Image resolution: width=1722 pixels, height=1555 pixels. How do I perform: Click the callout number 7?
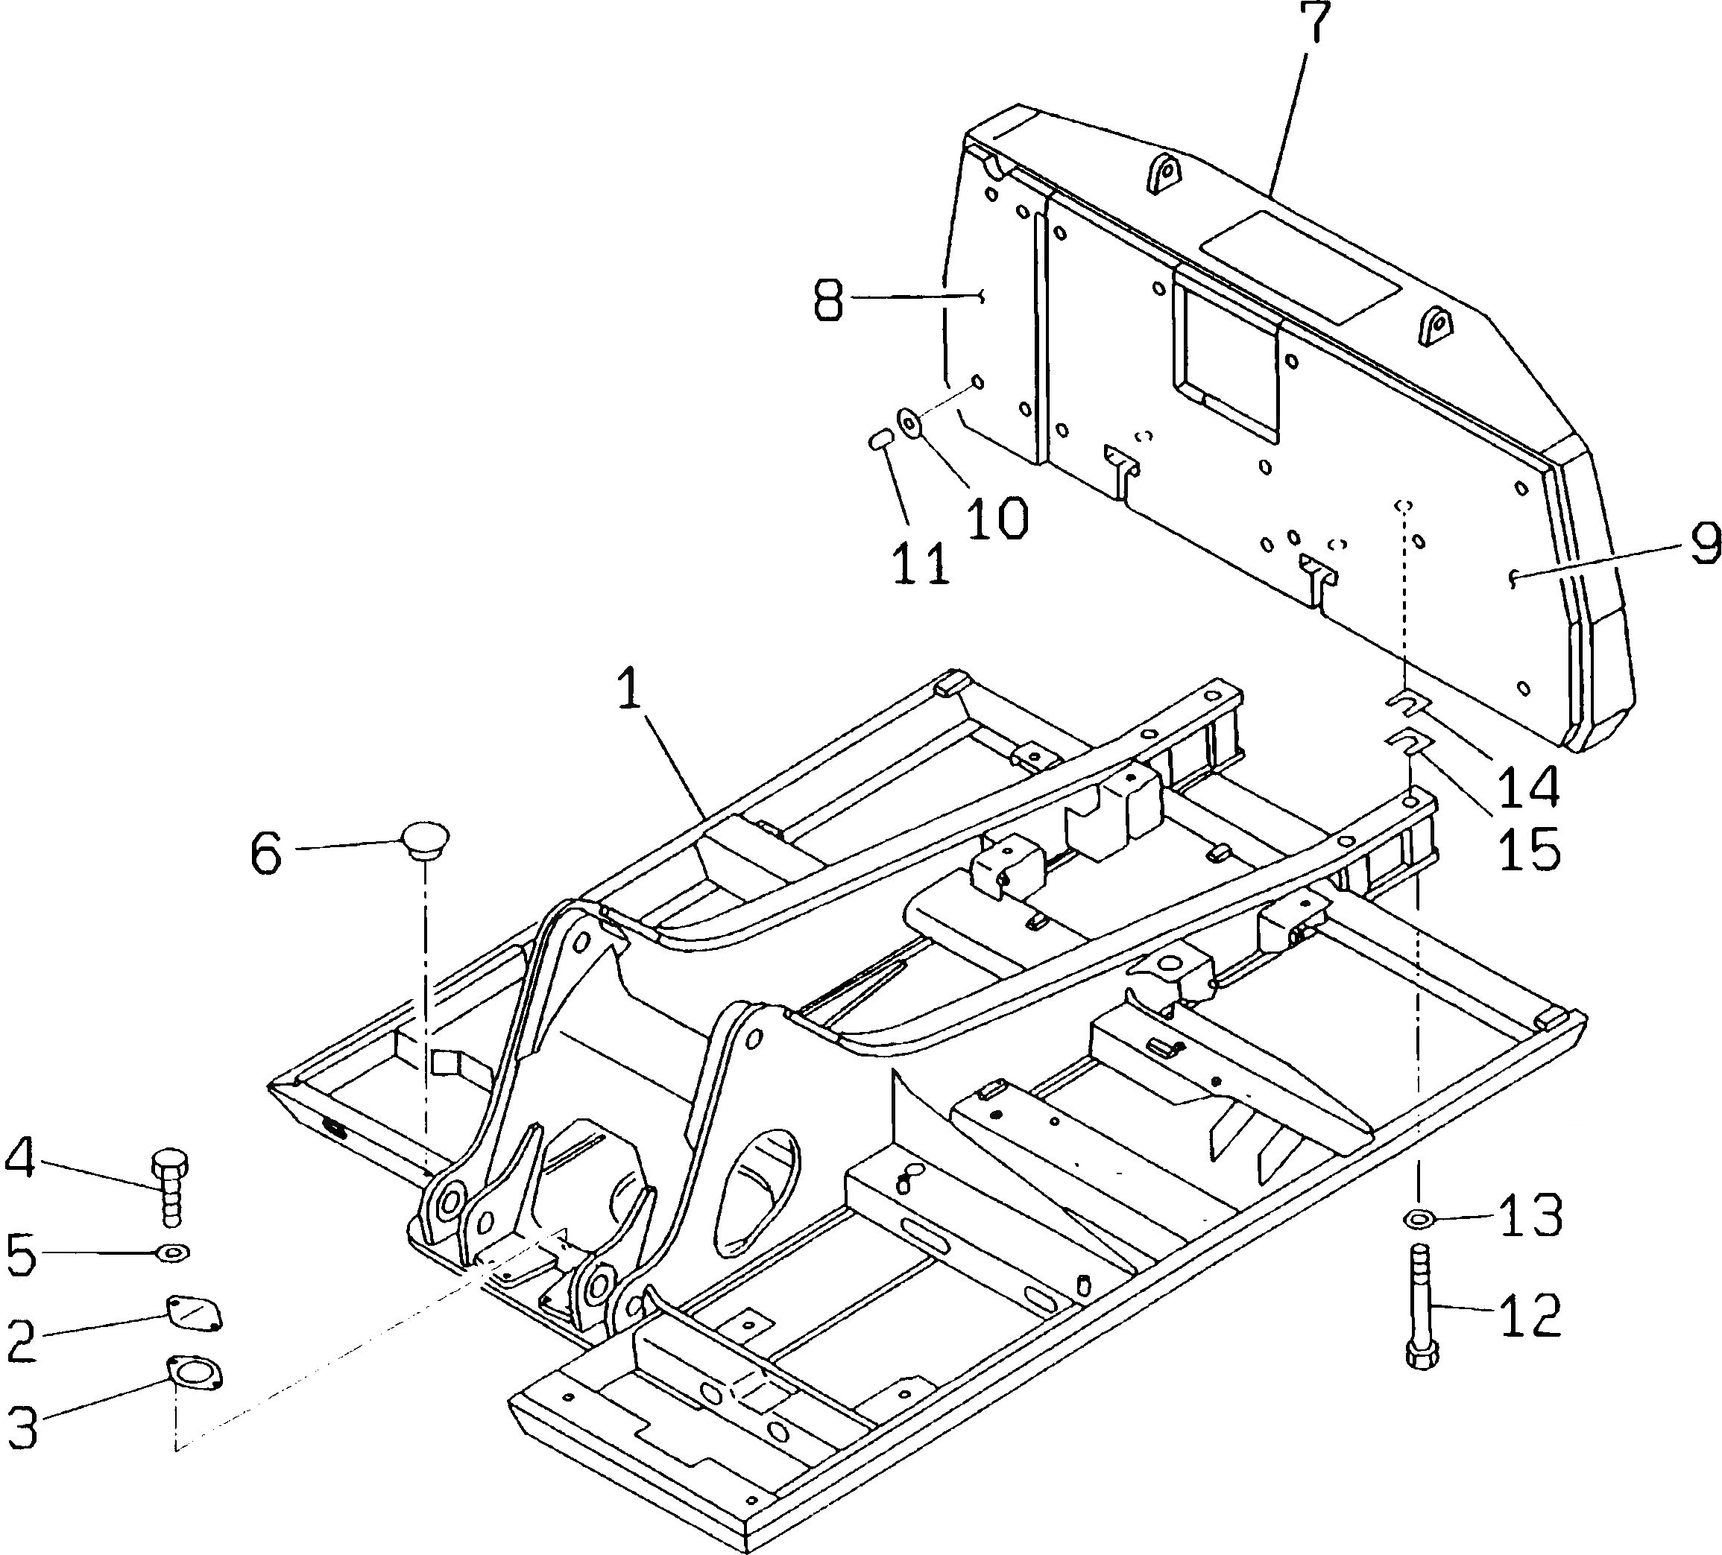pos(1316,24)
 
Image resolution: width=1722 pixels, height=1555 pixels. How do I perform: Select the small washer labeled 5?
pos(174,1252)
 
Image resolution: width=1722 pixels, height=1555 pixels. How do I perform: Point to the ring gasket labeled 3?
pos(195,1376)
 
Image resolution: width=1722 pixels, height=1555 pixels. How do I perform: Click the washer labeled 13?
pos(1419,1216)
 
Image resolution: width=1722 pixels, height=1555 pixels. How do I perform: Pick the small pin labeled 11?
pos(879,440)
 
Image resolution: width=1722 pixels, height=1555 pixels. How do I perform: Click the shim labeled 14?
pos(1407,703)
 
